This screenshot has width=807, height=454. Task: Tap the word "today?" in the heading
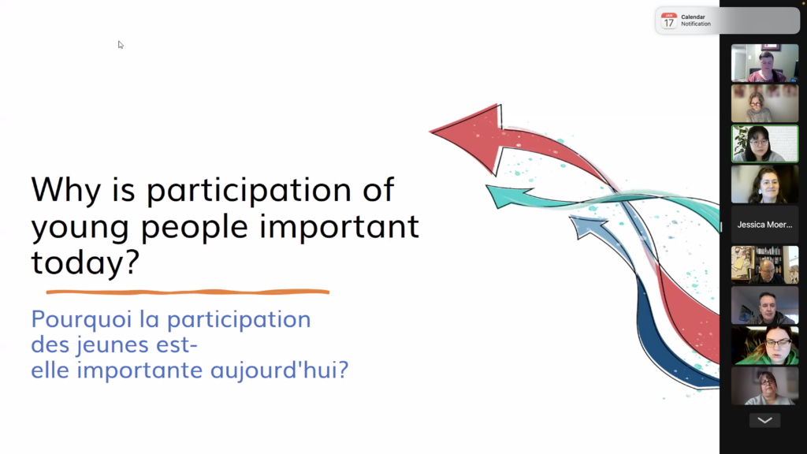(x=85, y=262)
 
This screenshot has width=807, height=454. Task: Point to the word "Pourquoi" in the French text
(x=81, y=320)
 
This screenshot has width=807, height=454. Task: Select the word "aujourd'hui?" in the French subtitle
(x=280, y=370)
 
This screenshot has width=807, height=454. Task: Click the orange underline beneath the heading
(x=188, y=292)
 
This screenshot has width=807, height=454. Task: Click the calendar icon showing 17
(x=668, y=20)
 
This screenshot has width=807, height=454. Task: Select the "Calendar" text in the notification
(x=693, y=17)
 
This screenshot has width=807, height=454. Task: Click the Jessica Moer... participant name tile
(x=764, y=225)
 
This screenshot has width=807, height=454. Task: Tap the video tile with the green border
(x=764, y=143)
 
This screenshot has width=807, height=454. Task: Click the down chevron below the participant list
(x=764, y=420)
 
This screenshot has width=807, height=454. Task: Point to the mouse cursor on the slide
(x=121, y=45)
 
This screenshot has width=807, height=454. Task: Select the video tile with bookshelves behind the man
(x=764, y=265)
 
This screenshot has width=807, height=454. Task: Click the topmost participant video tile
(x=764, y=63)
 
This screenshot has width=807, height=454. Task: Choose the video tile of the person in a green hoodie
(x=764, y=345)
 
